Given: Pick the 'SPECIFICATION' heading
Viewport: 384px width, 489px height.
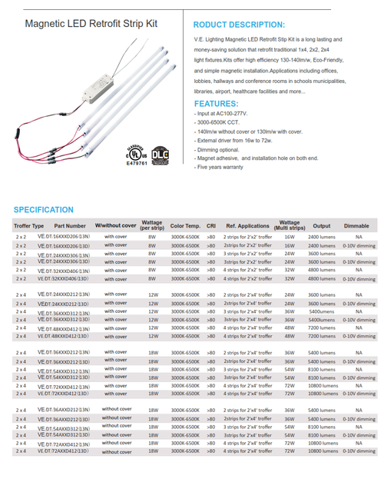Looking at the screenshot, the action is (44, 209).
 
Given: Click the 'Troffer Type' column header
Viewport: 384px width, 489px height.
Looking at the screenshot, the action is (29, 226).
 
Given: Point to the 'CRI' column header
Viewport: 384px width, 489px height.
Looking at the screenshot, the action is (210, 226).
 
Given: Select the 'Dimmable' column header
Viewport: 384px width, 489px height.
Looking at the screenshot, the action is (356, 226).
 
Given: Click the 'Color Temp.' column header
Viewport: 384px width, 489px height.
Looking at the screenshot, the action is (186, 226).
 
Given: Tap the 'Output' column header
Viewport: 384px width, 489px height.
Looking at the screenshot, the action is (322, 226).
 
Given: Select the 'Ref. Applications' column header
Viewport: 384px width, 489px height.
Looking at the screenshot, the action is (247, 226).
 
